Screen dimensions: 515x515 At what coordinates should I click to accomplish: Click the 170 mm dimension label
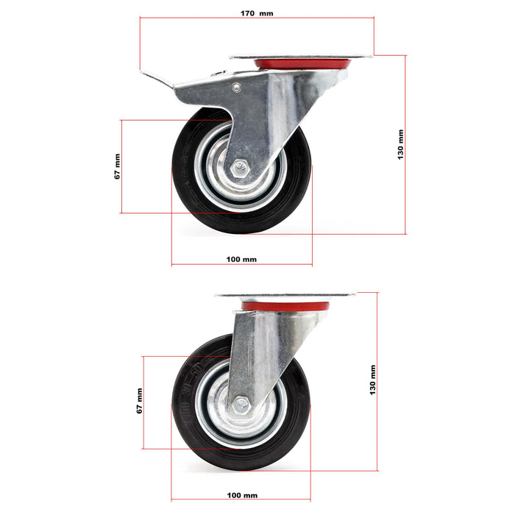(256, 13)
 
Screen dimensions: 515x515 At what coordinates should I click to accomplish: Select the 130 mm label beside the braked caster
(400, 145)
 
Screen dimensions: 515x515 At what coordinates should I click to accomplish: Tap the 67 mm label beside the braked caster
(117, 167)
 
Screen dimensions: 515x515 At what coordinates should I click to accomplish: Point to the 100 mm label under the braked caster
(241, 259)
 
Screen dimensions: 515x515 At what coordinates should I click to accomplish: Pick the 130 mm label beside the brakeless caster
(373, 381)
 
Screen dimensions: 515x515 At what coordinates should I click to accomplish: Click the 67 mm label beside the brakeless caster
(139, 401)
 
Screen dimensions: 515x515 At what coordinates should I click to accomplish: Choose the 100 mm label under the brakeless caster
(242, 495)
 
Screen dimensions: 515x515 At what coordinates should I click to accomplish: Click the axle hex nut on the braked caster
(239, 168)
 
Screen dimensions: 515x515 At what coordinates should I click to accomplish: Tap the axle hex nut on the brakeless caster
(241, 405)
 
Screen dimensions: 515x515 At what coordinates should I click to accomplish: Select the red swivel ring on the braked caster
(302, 65)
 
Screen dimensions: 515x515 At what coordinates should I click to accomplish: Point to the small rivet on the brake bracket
(235, 88)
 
